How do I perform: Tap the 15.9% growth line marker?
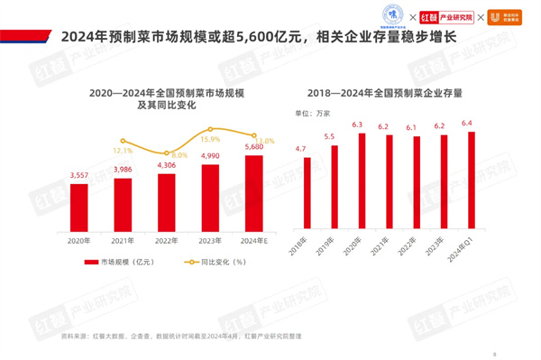210,130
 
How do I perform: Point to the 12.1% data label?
124,151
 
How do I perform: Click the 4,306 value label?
166,165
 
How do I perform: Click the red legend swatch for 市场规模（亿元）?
90,263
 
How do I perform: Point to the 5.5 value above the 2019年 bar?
330,136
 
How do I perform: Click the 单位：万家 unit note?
314,113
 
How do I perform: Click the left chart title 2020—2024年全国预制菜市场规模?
166,93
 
